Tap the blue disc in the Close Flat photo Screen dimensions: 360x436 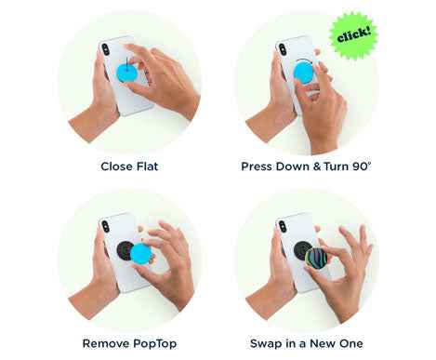coord(128,70)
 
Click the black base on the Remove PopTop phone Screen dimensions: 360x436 coord(123,250)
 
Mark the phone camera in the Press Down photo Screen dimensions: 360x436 coord(282,47)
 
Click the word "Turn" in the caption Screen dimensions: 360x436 coord(333,167)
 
